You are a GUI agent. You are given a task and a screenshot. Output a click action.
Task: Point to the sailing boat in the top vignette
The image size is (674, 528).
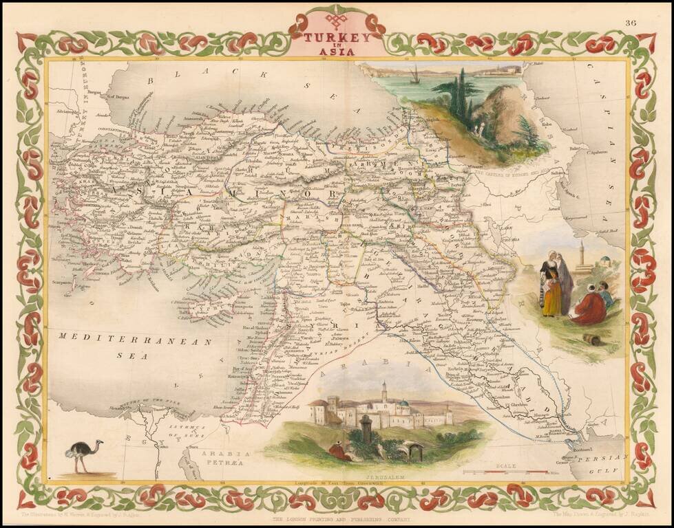coord(414,76)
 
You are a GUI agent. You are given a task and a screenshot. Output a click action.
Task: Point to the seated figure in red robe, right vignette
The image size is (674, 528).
coord(590,307)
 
